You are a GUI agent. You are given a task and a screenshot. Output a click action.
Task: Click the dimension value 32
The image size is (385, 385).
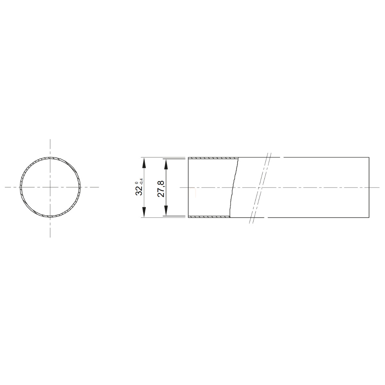(x=139, y=191)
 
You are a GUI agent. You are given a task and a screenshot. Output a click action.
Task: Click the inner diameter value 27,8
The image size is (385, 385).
(x=161, y=189)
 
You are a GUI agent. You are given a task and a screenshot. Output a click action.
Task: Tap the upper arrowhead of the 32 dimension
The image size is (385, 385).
(x=144, y=163)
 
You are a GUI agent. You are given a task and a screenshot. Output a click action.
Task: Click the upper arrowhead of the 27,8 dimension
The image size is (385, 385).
(x=166, y=165)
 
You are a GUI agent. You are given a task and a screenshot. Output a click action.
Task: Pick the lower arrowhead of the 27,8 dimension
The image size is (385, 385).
(x=166, y=210)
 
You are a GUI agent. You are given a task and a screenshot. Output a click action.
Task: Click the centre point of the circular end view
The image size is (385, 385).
(x=50, y=187)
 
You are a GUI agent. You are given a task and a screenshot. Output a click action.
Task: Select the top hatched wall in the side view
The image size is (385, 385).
(x=213, y=158)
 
